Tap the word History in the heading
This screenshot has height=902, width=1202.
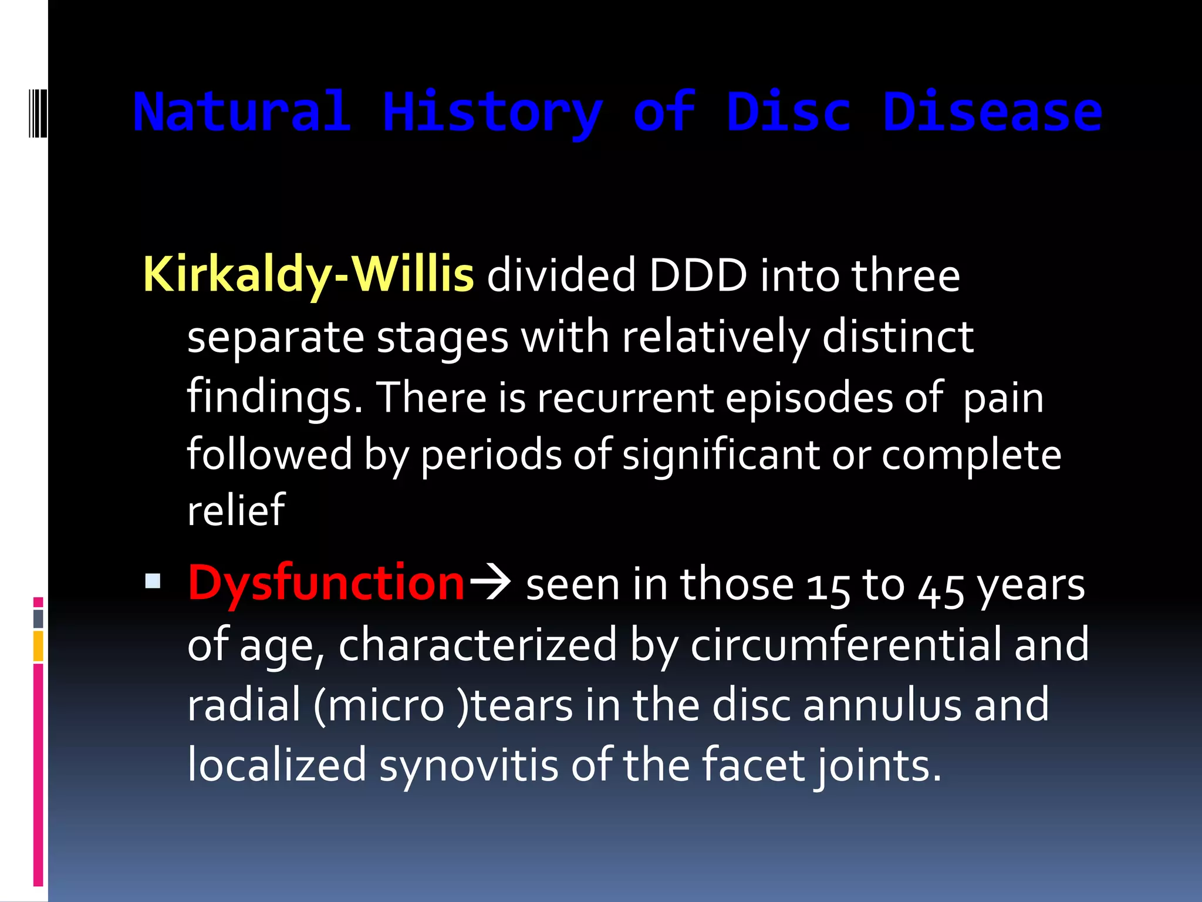pos(492,113)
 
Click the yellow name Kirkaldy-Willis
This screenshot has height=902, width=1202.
pos(308,275)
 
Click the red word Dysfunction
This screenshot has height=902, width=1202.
pos(326,583)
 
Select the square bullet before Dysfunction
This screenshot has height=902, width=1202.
pos(153,581)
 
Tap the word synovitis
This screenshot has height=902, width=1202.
pos(468,765)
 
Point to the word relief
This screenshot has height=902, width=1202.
pos(236,510)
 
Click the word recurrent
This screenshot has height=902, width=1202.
pos(625,398)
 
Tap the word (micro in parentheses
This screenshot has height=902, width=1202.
pos(379,705)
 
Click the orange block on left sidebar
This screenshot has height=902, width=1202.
pos(38,646)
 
